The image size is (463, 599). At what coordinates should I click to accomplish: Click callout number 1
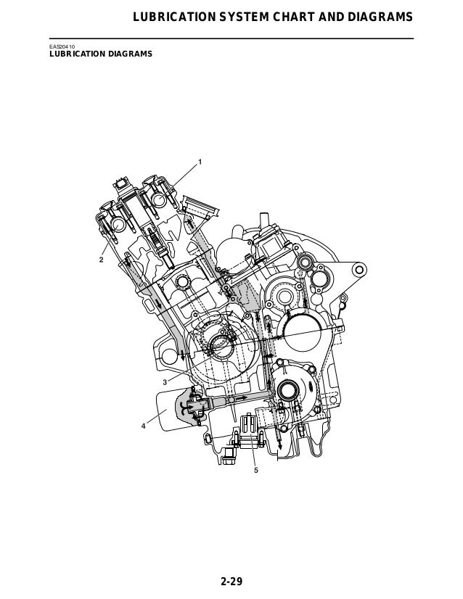(200, 162)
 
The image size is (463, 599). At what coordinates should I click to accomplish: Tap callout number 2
(102, 260)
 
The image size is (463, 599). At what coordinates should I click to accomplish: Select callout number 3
(165, 382)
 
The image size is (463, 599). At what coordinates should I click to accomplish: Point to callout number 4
(144, 426)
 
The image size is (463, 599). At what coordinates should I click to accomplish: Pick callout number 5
(256, 470)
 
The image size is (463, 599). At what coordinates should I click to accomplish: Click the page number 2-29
(231, 582)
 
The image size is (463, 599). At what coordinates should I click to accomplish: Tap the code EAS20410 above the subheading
(62, 46)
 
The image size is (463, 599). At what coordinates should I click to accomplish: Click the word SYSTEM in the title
(243, 17)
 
